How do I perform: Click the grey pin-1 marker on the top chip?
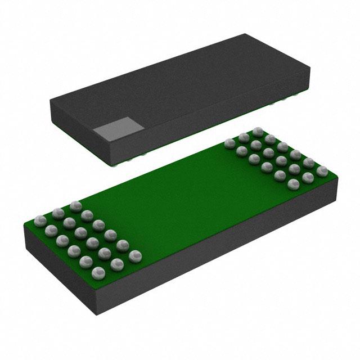[x=116, y=130]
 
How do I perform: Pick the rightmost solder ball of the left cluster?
[x=134, y=256]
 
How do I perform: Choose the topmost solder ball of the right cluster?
[x=258, y=131]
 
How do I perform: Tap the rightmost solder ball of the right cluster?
[x=322, y=170]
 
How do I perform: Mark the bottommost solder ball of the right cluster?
[x=292, y=184]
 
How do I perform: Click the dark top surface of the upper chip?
[x=186, y=84]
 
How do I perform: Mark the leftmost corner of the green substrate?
[x=24, y=224]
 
